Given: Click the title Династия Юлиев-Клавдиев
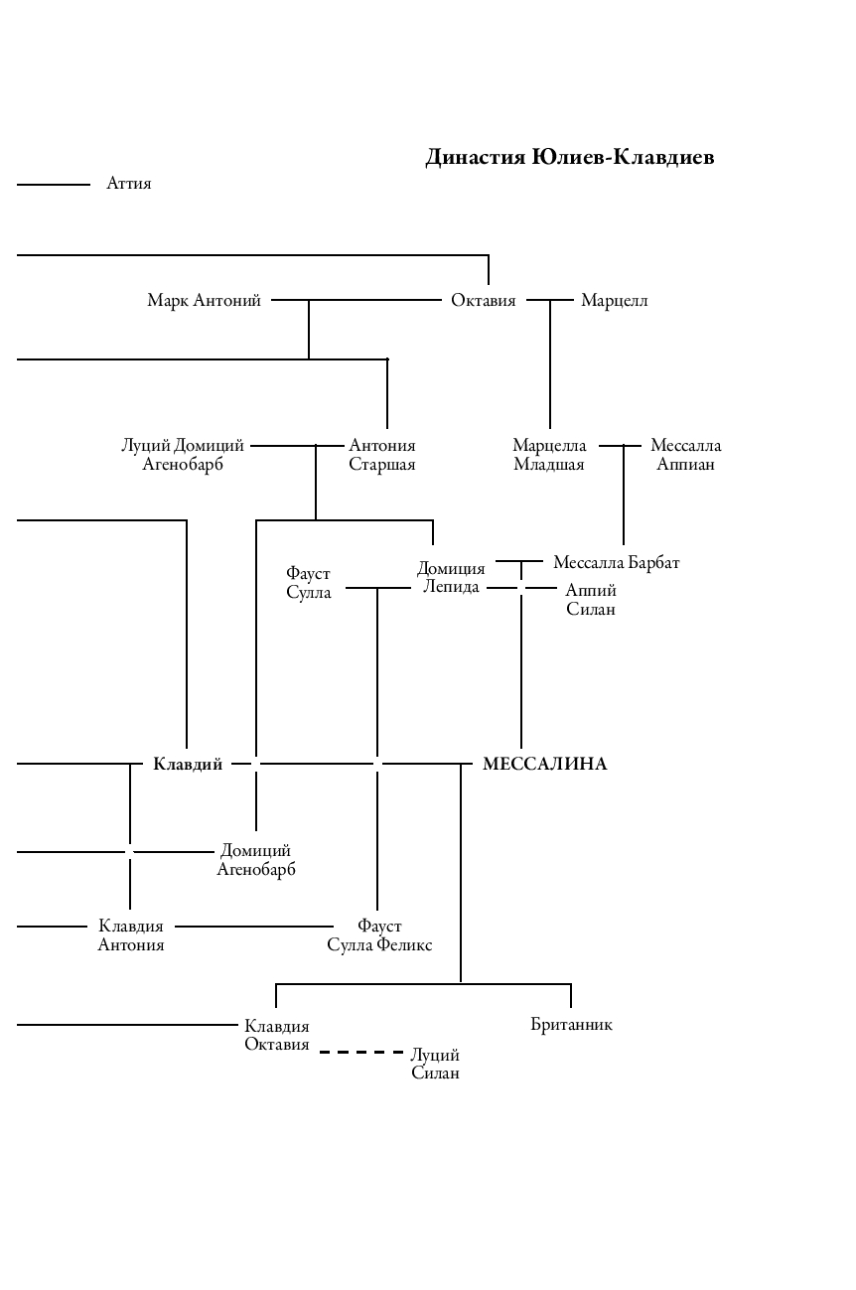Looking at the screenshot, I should (569, 158).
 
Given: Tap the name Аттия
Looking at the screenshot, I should (129, 184).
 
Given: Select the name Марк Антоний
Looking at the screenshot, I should (204, 300).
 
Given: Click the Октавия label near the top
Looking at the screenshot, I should (484, 300).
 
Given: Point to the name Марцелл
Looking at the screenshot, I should (614, 300).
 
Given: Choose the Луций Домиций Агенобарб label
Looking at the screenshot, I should (183, 455).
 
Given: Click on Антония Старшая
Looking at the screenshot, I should (382, 455).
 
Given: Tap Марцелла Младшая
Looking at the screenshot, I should (549, 455).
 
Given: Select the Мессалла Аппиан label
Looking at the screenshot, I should (685, 455).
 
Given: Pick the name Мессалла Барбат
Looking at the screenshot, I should (617, 563).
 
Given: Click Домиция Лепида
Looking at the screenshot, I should (451, 577).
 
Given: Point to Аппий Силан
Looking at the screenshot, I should (591, 600).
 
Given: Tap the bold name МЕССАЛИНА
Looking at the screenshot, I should (544, 764).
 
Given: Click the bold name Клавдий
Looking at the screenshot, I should (188, 764).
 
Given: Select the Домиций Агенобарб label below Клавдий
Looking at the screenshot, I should (256, 860).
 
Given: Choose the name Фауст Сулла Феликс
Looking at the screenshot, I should (379, 935).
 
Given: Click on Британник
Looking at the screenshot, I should (571, 1025).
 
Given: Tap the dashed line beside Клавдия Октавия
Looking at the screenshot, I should (361, 1052).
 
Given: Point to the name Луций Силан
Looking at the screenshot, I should (435, 1064).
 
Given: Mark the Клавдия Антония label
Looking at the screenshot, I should (131, 935).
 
